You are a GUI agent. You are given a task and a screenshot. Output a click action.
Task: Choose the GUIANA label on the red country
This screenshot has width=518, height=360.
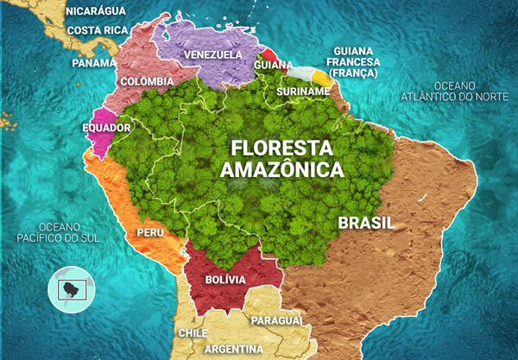[x=273, y=64]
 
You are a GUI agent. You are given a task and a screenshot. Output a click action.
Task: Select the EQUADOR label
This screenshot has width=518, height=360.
[x=106, y=128]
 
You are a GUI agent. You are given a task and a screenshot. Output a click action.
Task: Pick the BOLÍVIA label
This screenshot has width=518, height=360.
[x=225, y=280]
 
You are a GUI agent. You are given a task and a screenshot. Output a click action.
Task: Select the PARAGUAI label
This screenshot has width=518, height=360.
[x=276, y=320]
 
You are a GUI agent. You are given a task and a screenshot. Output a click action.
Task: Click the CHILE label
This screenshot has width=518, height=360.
[x=192, y=332]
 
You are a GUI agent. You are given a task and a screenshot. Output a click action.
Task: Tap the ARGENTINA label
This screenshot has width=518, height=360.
[x=234, y=349]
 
